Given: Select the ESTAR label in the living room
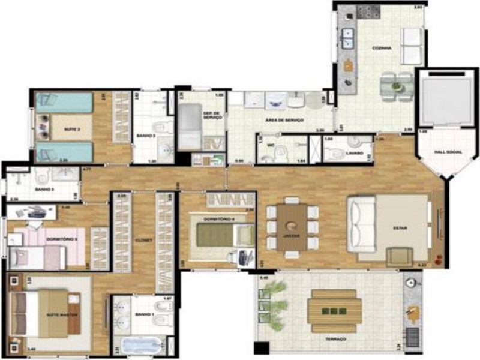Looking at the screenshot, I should (400, 228).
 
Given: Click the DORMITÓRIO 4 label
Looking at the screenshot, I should (217, 220).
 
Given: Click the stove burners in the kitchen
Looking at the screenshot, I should (367, 11).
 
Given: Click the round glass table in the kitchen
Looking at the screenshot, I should (396, 86).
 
